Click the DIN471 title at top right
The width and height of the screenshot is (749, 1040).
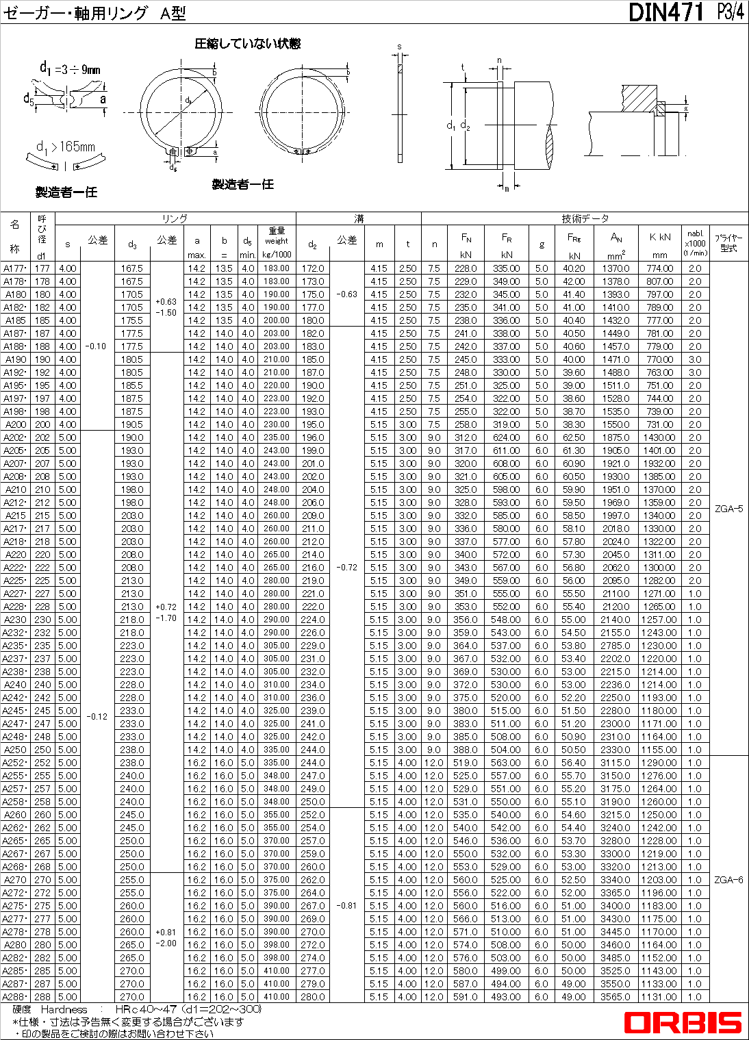click(x=665, y=12)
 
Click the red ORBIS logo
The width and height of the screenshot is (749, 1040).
click(x=683, y=1023)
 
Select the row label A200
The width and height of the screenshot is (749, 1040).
click(x=15, y=424)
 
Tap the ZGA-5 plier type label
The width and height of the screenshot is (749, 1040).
click(x=728, y=509)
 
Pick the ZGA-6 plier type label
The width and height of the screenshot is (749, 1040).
click(x=728, y=880)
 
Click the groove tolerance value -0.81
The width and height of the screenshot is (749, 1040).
click(x=346, y=905)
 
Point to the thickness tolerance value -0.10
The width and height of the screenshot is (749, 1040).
click(x=96, y=346)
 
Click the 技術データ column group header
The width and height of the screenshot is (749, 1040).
click(x=585, y=218)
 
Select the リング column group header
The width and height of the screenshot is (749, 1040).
click(x=175, y=218)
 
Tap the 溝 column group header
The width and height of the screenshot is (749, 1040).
click(x=359, y=218)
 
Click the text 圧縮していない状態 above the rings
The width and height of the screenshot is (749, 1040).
click(x=247, y=44)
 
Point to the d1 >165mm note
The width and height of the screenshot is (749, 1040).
click(x=66, y=147)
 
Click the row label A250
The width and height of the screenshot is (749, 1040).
click(x=14, y=750)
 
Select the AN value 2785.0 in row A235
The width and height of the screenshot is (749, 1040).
click(x=615, y=646)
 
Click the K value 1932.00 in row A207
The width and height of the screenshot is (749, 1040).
click(x=660, y=464)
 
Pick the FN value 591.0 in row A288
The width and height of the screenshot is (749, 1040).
click(x=466, y=997)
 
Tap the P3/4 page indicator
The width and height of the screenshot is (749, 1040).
click(x=730, y=12)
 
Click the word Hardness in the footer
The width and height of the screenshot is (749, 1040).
click(x=64, y=1009)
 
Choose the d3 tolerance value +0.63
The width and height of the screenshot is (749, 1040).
click(x=166, y=301)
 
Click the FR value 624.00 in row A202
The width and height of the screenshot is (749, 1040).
click(x=507, y=437)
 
